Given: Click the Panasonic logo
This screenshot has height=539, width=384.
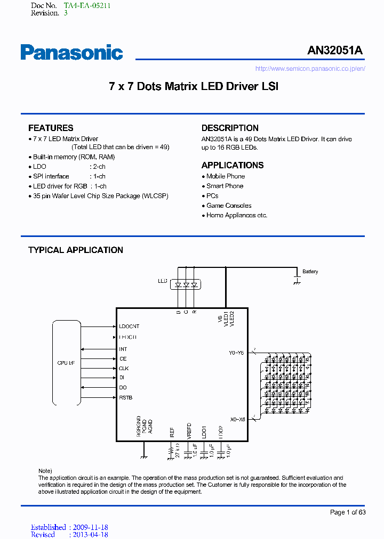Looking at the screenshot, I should click(71, 52).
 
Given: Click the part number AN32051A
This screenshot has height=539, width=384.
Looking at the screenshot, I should click(335, 51).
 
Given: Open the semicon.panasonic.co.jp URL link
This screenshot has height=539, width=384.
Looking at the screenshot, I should click(310, 69).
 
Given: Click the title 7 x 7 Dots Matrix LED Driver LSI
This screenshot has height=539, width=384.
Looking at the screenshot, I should click(194, 86).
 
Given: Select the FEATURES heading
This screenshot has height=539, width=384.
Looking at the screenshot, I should click(51, 128).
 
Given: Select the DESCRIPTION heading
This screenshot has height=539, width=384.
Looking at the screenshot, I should click(230, 128).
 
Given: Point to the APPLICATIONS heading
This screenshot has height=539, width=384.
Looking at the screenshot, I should click(233, 165).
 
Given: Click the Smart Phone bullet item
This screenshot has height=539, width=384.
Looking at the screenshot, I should click(225, 186).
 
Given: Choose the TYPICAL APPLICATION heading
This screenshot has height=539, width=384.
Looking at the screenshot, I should click(76, 250).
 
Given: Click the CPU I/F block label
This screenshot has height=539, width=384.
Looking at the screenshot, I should click(66, 363).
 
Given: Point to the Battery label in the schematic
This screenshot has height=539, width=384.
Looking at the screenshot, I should click(310, 272).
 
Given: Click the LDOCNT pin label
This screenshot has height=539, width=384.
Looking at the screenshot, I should click(129, 326).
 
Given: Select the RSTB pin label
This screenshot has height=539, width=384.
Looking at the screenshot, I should click(126, 398).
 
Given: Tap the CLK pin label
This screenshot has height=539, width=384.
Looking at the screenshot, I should click(124, 369).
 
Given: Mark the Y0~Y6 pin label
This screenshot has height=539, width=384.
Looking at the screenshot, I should click(236, 353).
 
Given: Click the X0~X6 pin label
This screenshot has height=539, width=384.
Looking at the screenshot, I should click(237, 419).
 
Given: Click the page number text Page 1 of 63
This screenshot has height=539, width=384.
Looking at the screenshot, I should click(348, 512).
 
